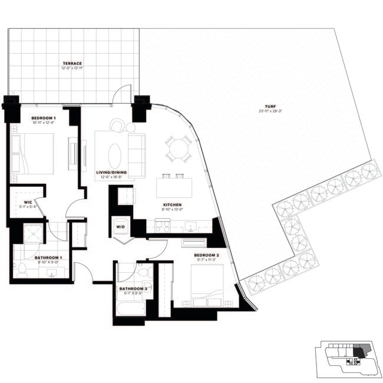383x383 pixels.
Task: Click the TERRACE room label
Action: click(73, 63)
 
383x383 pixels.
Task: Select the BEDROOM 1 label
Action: click(42, 118)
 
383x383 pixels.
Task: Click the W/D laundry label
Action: click(120, 226)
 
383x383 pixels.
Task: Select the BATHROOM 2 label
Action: click(133, 289)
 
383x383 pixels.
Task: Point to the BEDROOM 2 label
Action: click(206, 255)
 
